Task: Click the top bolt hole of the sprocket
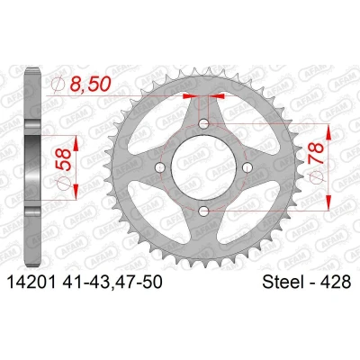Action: pos(203,123)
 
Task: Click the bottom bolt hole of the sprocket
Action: pos(203,211)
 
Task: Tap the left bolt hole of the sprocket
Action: pos(160,167)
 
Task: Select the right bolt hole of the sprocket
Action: pos(247,166)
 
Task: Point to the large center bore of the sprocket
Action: pos(203,167)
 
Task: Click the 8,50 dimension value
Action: pos(89,84)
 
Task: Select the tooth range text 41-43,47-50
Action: pos(112,283)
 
